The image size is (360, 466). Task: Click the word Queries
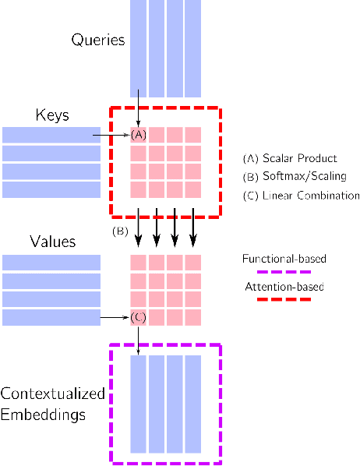97,40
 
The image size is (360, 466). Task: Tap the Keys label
52,115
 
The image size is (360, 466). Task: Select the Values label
52,242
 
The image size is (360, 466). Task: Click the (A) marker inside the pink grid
138,135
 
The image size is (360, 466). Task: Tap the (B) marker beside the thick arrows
120,231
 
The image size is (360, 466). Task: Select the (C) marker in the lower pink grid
138,317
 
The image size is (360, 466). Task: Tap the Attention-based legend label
284,287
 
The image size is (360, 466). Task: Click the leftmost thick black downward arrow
138,228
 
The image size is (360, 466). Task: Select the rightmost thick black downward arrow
193,228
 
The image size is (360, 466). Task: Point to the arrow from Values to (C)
113,317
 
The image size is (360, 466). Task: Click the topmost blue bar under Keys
51,135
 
